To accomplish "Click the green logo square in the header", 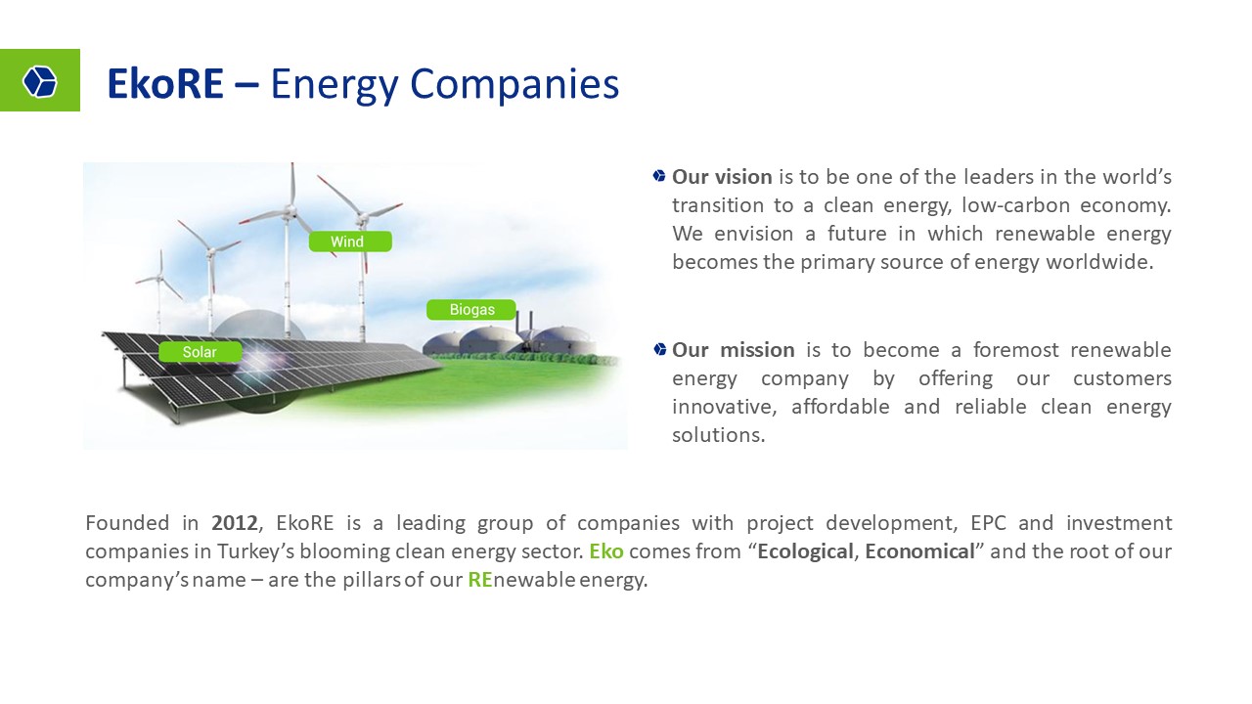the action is [40, 80].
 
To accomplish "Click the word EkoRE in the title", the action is [165, 84].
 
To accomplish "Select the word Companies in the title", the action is [514, 85].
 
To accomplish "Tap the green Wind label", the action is [350, 242].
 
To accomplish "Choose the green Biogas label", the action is [471, 310].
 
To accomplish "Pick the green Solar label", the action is [201, 352].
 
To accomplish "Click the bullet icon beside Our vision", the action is [659, 176].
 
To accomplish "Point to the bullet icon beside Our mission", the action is [659, 349].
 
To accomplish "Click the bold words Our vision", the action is [722, 177].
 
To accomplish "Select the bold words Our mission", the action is [734, 350].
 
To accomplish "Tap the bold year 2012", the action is [234, 523].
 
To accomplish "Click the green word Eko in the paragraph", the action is [606, 551].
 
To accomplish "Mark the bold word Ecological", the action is [805, 552].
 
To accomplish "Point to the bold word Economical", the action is [920, 551].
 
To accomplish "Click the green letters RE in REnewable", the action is [480, 580].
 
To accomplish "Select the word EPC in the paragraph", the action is [988, 523].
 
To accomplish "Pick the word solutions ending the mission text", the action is [718, 435].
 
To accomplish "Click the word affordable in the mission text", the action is [840, 406].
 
